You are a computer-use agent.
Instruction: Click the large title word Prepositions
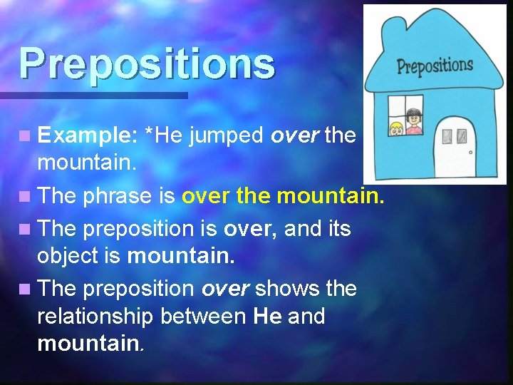[x=146, y=63]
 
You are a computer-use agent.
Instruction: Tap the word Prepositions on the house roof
[x=435, y=67]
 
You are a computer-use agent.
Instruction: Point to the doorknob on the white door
[x=470, y=151]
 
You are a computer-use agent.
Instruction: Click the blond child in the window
[x=395, y=129]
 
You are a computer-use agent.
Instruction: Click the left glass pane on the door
[x=447, y=135]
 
